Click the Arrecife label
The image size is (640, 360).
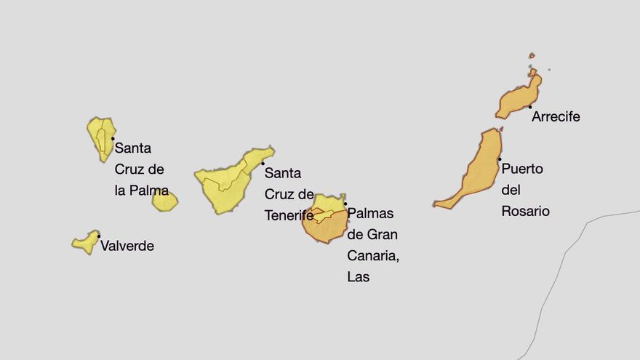[556, 116]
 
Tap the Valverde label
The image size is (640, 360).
[127, 246]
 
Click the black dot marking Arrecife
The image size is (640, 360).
[530, 107]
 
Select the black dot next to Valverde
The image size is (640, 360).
[99, 236]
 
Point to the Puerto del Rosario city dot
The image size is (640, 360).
[500, 159]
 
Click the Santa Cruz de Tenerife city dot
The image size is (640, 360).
[263, 164]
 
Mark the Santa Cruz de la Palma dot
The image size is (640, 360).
[113, 138]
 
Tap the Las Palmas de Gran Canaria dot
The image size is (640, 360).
[345, 204]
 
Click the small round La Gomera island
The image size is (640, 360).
[165, 201]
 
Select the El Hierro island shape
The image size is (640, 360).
[86, 242]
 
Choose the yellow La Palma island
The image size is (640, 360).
[100, 137]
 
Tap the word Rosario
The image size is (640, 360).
[525, 212]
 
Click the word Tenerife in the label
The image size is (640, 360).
[289, 215]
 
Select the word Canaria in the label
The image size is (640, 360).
[373, 255]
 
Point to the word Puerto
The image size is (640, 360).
[522, 169]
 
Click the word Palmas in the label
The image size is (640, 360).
[370, 213]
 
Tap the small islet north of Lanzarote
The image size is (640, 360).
[532, 55]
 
